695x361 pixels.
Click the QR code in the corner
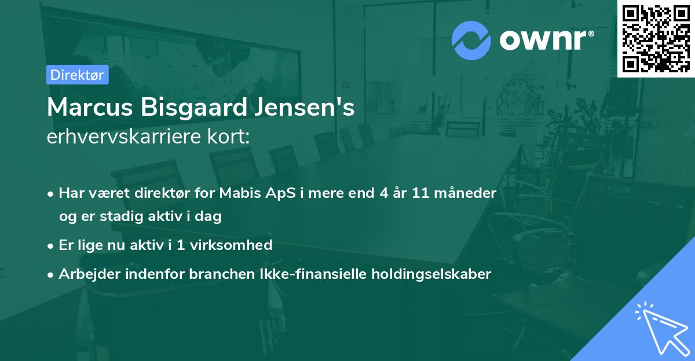point(656,38)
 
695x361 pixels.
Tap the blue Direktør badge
point(77,75)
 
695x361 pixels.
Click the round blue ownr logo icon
point(471,40)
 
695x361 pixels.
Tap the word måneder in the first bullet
point(468,193)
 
